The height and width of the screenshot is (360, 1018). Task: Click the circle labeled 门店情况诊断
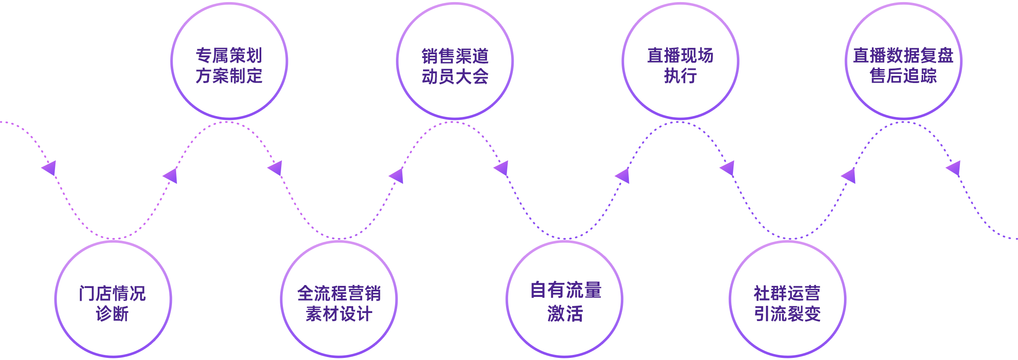point(113,299)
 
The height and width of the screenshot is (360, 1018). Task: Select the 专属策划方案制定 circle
point(229,61)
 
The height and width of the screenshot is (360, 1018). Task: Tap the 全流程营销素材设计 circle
point(339,299)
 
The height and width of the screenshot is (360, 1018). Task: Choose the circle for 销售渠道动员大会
point(455,61)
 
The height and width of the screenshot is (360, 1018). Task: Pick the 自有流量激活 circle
point(564,299)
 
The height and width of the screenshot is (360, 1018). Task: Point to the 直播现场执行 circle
point(681,61)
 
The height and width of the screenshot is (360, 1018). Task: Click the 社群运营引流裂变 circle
point(787,299)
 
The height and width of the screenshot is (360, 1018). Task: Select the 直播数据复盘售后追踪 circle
point(903,61)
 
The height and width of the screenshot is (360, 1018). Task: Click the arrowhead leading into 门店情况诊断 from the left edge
point(49,168)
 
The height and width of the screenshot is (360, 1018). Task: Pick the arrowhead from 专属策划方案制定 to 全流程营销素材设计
point(275,168)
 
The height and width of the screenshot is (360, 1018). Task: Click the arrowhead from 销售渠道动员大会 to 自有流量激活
point(501,168)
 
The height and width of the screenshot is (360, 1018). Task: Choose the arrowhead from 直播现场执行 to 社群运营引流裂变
point(728,168)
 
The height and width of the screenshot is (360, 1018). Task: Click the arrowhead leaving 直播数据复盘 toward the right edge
point(954,168)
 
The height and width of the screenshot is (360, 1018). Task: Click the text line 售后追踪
point(903,76)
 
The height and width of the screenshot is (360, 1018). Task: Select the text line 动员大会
point(455,77)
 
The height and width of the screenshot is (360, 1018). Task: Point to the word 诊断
point(112,314)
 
